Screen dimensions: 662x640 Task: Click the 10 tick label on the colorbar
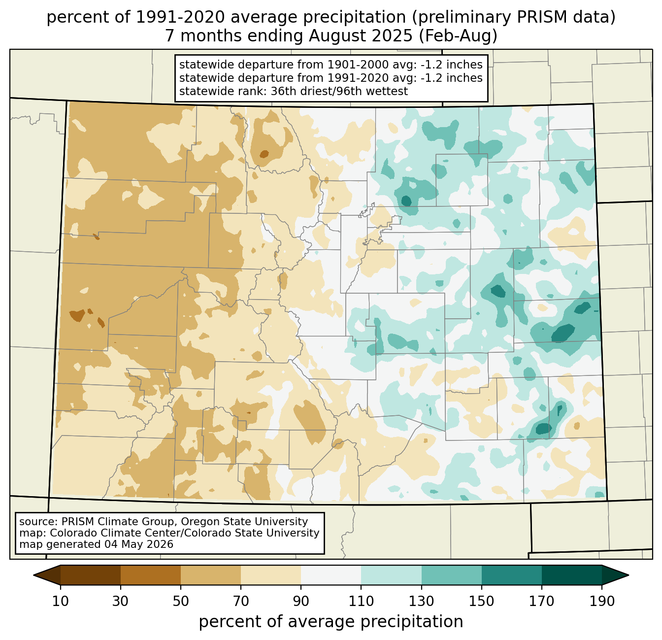pyautogui.click(x=60, y=602)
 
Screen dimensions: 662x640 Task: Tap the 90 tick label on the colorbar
pyautogui.click(x=301, y=602)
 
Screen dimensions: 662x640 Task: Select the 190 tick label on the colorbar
pyautogui.click(x=602, y=602)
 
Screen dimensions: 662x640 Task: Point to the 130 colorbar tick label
pyautogui.click(x=421, y=602)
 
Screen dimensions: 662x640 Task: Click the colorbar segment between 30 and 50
pyautogui.click(x=150, y=575)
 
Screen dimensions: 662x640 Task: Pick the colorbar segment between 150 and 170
pyautogui.click(x=511, y=575)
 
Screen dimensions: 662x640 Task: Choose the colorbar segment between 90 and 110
pyautogui.click(x=331, y=575)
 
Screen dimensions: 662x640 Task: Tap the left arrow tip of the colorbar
pyautogui.click(x=33, y=575)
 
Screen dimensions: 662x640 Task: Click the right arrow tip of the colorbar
pyautogui.click(x=629, y=575)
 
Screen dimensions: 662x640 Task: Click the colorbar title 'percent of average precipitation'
pyautogui.click(x=331, y=622)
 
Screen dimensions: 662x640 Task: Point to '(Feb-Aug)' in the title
pyautogui.click(x=458, y=36)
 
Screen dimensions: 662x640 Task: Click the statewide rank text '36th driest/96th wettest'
pyautogui.click(x=339, y=91)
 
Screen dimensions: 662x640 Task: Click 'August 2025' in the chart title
pyautogui.click(x=361, y=36)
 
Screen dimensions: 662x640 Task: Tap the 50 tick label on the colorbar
pyautogui.click(x=181, y=602)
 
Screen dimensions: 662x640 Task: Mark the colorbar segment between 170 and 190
pyautogui.click(x=571, y=575)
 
